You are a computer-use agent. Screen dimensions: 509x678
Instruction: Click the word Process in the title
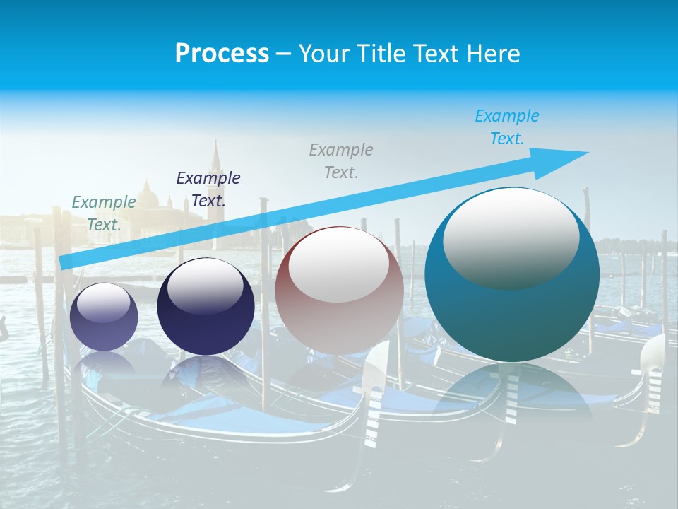pos(222,53)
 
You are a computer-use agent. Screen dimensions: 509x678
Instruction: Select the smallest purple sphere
pos(104,317)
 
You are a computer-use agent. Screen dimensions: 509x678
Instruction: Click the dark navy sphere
pos(206,307)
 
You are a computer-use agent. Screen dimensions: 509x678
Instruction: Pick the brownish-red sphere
pos(339,291)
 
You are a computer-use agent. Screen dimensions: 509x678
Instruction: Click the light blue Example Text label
pos(507,127)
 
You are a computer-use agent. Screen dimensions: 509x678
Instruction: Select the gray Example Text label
pos(341,160)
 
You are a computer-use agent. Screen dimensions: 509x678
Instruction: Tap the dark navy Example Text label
pos(208,189)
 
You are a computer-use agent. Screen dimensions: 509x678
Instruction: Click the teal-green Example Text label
pos(104,213)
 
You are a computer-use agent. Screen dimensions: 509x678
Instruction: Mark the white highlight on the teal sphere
pos(511,237)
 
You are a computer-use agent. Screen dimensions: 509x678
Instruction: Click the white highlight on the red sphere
pos(338,265)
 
